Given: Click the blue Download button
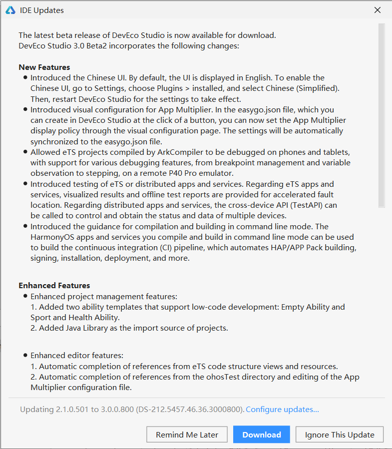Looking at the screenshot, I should coord(262,435).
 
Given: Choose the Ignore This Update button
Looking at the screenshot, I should coord(340,435).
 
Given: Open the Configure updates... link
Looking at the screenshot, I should coord(282,410).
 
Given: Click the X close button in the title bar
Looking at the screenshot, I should coord(378,10).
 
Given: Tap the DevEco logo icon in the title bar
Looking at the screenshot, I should coord(10,10).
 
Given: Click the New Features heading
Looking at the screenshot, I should coord(44,67).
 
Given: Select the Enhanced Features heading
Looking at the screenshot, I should coord(54,286).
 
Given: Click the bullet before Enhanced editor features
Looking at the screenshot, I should coord(25,356).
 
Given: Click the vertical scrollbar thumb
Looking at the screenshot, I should coord(382,115).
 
